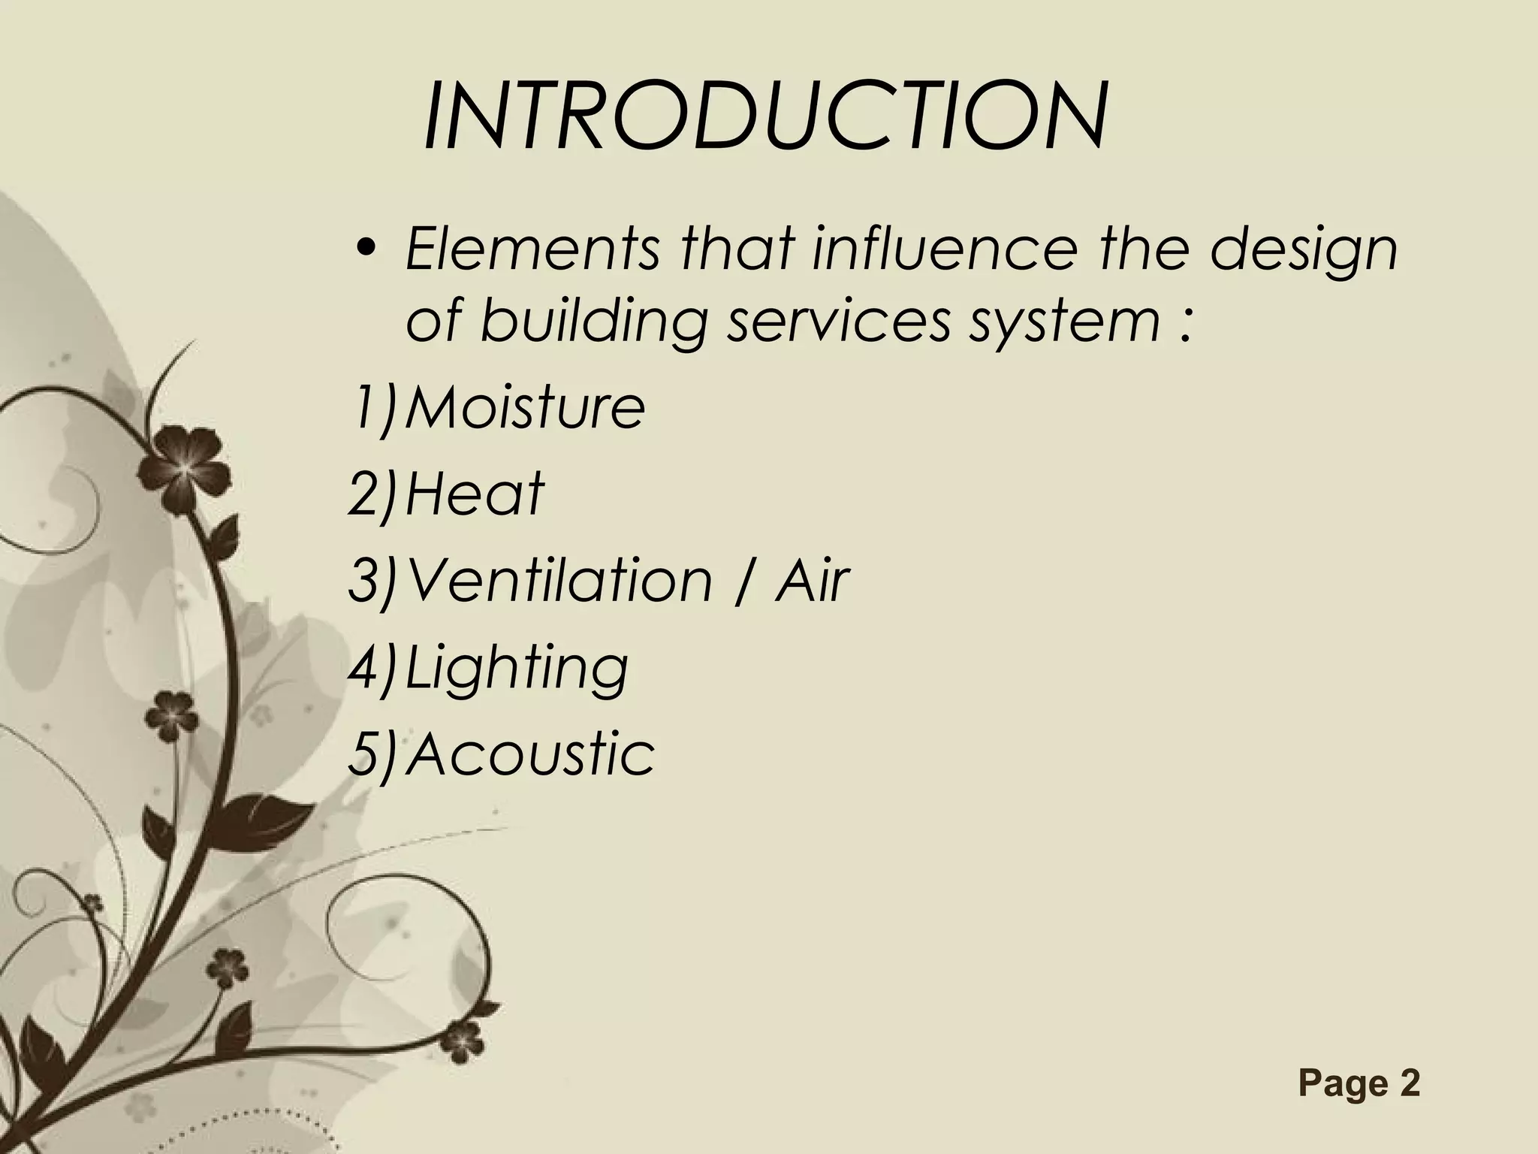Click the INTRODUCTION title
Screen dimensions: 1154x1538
click(764, 118)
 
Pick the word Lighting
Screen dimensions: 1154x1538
click(517, 669)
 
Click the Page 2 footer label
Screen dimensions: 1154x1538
click(1359, 1083)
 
